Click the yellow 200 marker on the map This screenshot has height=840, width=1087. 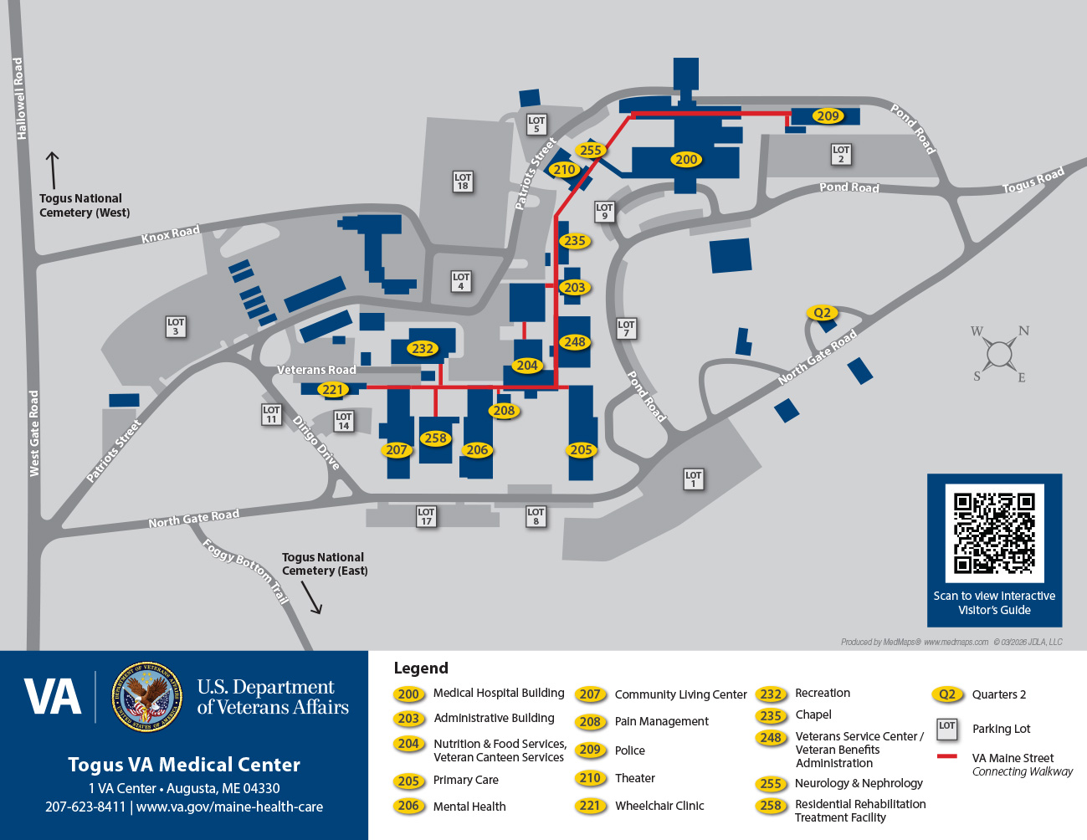point(686,159)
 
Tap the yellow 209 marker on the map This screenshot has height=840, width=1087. point(828,115)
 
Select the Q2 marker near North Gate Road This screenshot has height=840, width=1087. point(823,313)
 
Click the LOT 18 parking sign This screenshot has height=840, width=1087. point(463,182)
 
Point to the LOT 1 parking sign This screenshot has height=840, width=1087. point(694,479)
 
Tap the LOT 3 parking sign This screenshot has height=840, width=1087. point(176,326)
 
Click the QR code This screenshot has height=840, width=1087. point(994,533)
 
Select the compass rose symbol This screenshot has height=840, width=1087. point(999,354)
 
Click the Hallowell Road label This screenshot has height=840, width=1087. point(19,98)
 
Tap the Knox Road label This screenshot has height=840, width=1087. point(171,234)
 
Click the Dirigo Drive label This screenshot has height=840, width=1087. point(316,443)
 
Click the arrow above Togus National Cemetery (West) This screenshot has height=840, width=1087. point(53,171)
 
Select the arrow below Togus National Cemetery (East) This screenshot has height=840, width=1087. point(310,598)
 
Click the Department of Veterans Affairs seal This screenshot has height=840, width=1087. point(146,696)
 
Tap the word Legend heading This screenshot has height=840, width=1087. point(421,668)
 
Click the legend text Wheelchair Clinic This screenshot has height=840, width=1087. point(659,806)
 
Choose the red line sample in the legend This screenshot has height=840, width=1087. point(946,756)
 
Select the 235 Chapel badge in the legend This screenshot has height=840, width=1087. point(770,715)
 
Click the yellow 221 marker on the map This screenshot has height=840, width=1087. point(332,389)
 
